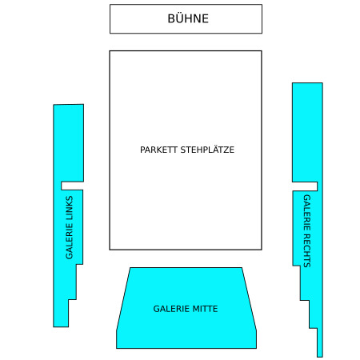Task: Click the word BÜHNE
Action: [x=188, y=18]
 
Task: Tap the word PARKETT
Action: [x=158, y=150]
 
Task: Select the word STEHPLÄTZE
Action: [x=207, y=150]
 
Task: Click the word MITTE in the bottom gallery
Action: [x=205, y=309]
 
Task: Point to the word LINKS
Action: [x=69, y=208]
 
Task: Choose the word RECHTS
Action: [x=307, y=250]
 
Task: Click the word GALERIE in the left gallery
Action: [x=69, y=241]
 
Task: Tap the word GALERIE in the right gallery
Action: [x=307, y=213]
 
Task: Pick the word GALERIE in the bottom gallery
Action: [x=171, y=309]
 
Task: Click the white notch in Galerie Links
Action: [x=72, y=186]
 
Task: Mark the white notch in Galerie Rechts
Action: [x=305, y=186]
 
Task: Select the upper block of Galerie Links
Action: [x=69, y=143]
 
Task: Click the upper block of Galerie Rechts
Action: [x=307, y=133]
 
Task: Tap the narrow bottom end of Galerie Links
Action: [x=61, y=314]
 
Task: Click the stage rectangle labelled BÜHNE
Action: [x=186, y=19]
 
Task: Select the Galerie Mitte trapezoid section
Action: [x=186, y=308]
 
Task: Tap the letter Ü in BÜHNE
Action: [x=180, y=18]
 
